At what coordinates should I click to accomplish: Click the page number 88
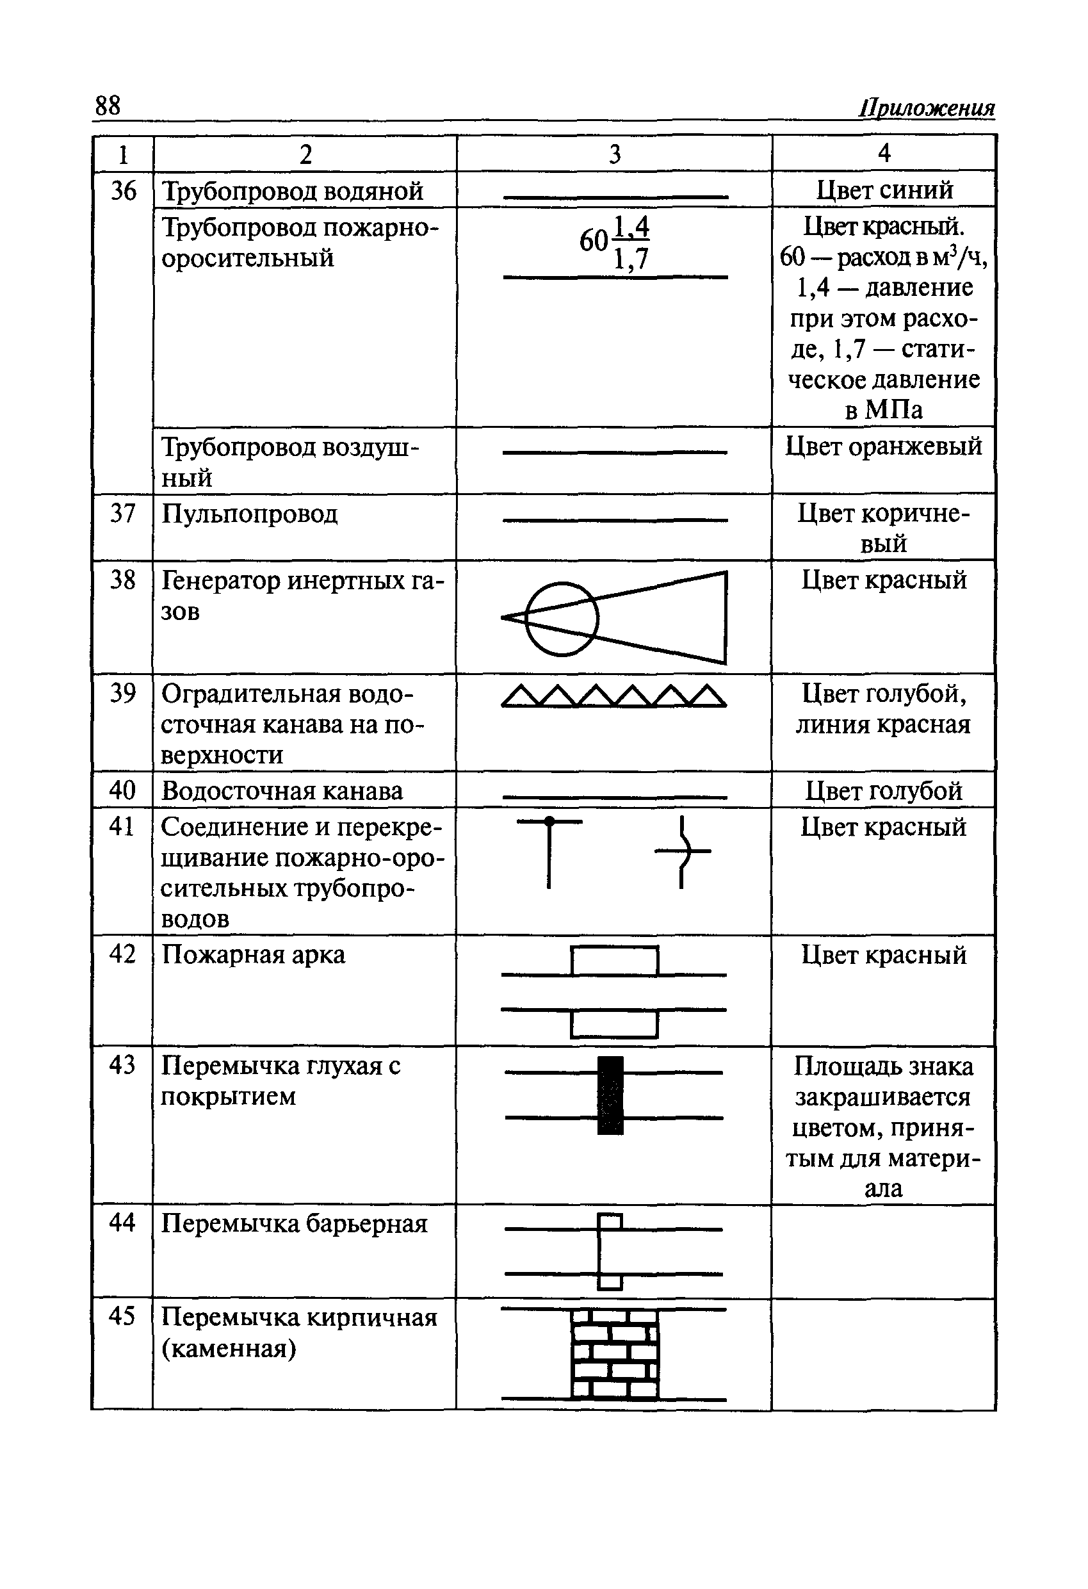pyautogui.click(x=108, y=106)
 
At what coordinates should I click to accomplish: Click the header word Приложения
pyautogui.click(x=927, y=108)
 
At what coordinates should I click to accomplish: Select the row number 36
pyautogui.click(x=123, y=190)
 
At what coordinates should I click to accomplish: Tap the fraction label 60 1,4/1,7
pyautogui.click(x=613, y=243)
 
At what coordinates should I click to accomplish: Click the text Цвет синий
pyautogui.click(x=884, y=190)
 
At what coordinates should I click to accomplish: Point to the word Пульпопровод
pyautogui.click(x=250, y=513)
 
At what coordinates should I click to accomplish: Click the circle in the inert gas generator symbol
pyautogui.click(x=562, y=618)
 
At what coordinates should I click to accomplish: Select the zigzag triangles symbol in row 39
pyautogui.click(x=613, y=696)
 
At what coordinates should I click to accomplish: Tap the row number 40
pyautogui.click(x=122, y=790)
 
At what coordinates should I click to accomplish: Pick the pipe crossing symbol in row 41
pyautogui.click(x=682, y=851)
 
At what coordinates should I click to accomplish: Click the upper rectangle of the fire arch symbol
pyautogui.click(x=615, y=961)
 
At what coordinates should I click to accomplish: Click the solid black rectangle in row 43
pyautogui.click(x=610, y=1095)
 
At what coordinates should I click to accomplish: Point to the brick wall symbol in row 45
pyautogui.click(x=614, y=1354)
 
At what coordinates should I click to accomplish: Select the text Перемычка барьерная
pyautogui.click(x=294, y=1223)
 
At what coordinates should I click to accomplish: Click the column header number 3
pyautogui.click(x=614, y=154)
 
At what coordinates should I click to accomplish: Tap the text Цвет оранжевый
pyautogui.click(x=884, y=446)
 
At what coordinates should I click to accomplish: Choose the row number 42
pyautogui.click(x=122, y=954)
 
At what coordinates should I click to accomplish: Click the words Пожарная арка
pyautogui.click(x=253, y=954)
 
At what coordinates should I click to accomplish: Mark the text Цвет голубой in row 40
pyautogui.click(x=884, y=790)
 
